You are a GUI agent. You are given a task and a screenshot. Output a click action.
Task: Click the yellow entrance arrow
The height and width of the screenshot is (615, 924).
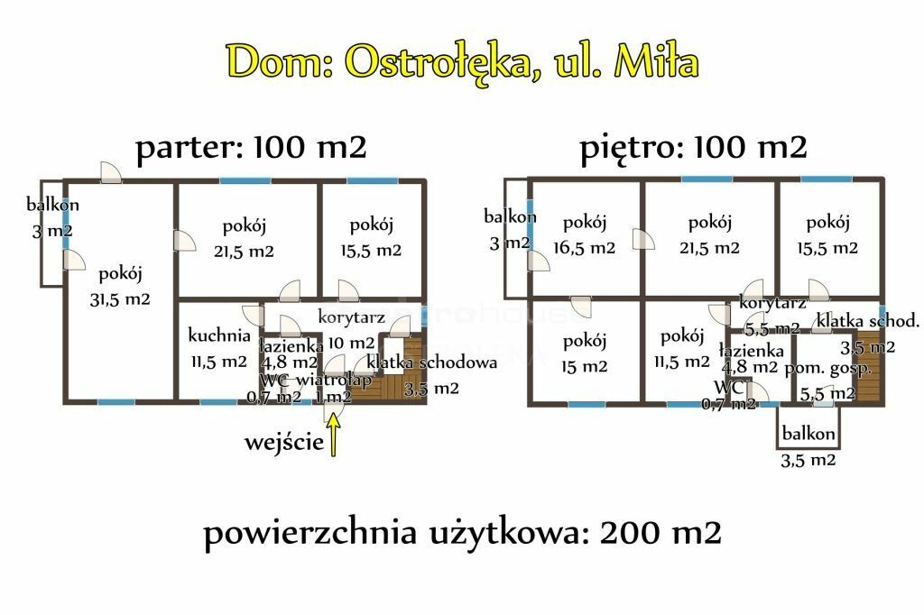[334, 435]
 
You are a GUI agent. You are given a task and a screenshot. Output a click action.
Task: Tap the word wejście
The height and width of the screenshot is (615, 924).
[284, 442]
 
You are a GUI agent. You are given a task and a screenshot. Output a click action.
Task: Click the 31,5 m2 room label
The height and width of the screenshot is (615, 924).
[120, 299]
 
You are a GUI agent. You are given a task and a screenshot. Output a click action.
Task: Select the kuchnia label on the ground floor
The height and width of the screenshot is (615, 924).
[219, 335]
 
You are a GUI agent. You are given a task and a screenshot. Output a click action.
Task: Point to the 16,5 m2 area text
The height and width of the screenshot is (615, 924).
[584, 248]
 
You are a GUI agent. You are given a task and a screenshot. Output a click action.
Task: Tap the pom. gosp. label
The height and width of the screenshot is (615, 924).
[828, 370]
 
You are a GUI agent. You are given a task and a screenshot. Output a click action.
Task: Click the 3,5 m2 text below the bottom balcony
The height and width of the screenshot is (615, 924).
[808, 460]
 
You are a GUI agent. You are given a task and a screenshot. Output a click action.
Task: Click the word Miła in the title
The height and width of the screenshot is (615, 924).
[656, 61]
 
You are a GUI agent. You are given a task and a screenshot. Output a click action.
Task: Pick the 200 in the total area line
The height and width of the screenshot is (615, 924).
[630, 533]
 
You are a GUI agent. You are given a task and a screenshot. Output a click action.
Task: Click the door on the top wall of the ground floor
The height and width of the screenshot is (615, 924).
[111, 172]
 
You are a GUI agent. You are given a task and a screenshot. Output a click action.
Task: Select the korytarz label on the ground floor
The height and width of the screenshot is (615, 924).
[351, 317]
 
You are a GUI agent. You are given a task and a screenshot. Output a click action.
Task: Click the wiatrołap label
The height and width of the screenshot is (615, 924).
[334, 380]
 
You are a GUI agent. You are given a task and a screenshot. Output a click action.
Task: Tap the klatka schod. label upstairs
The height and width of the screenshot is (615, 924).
[867, 321]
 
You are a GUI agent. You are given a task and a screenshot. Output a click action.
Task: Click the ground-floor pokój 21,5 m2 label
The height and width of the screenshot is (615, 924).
[244, 239]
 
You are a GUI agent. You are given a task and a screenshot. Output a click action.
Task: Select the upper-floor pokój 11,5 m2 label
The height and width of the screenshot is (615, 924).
[682, 349]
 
